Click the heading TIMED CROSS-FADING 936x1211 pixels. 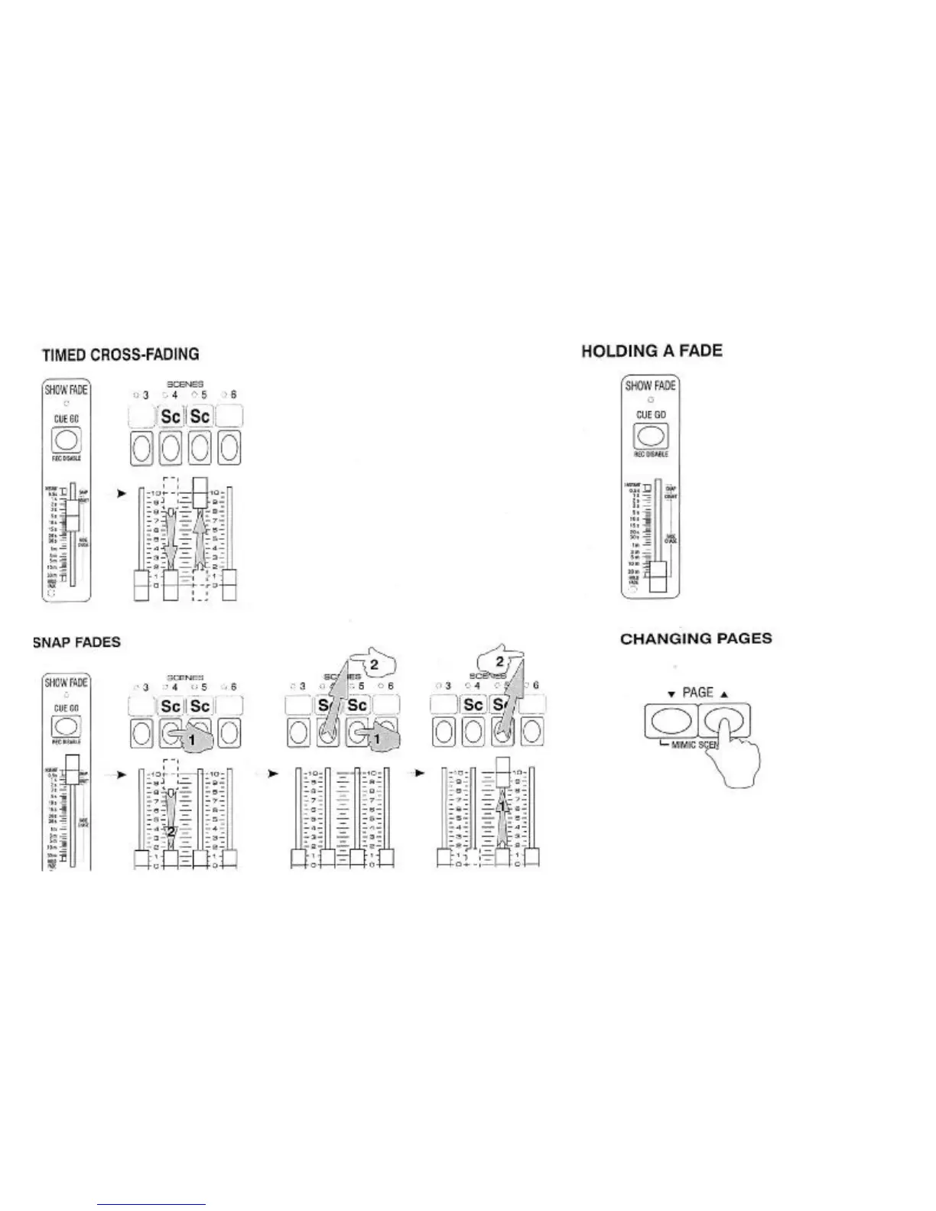[120, 355]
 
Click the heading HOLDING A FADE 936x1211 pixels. [652, 351]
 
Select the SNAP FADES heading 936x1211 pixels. [76, 641]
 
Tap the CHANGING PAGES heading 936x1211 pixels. [696, 639]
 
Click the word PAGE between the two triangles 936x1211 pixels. [697, 693]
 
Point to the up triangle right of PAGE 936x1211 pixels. [723, 694]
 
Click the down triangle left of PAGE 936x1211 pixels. [671, 694]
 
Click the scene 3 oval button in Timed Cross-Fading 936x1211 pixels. [141, 447]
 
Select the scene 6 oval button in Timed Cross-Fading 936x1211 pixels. [229, 447]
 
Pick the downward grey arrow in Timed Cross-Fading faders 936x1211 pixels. [171, 539]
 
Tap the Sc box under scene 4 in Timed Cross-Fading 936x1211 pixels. [171, 417]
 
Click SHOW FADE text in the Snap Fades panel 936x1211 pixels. [66, 683]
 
